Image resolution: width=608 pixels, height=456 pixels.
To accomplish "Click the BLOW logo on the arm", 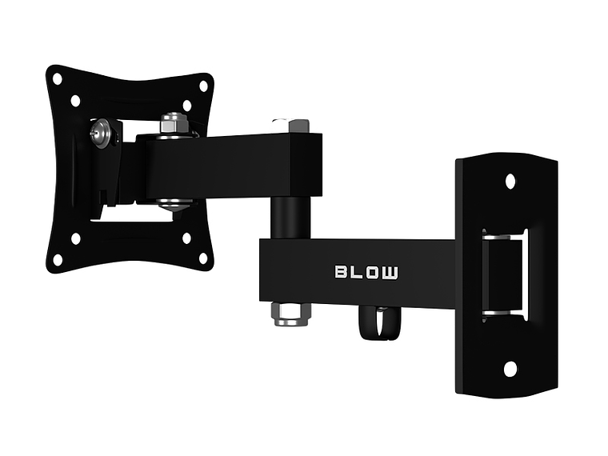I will point(366,272).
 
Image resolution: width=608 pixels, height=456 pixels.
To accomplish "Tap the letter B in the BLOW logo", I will point(340,272).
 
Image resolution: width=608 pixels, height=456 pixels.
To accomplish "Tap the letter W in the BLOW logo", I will point(390,272).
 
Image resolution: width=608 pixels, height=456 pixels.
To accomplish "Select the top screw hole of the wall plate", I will point(510,181).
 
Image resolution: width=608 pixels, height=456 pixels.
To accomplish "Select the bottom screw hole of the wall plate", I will point(510,369).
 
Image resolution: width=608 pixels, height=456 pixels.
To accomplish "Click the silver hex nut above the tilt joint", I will point(173,124).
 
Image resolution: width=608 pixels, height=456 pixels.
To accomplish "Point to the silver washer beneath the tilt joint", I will point(173,204).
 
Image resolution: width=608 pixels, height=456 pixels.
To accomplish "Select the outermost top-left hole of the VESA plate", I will point(58,78).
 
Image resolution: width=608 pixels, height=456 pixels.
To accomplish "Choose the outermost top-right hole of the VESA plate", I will point(203,86).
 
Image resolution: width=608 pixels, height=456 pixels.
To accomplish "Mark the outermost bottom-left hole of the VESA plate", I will point(58,259).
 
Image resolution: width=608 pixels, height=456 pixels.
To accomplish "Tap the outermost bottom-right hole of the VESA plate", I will point(203,258).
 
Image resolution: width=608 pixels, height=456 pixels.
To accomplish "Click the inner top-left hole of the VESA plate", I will point(76,101).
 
